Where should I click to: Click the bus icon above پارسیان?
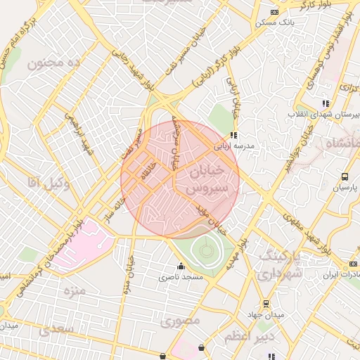click(x=345, y=176)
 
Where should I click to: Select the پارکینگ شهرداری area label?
click(x=281, y=262)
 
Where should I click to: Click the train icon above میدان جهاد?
click(x=266, y=304)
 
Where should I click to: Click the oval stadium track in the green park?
click(x=205, y=250)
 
